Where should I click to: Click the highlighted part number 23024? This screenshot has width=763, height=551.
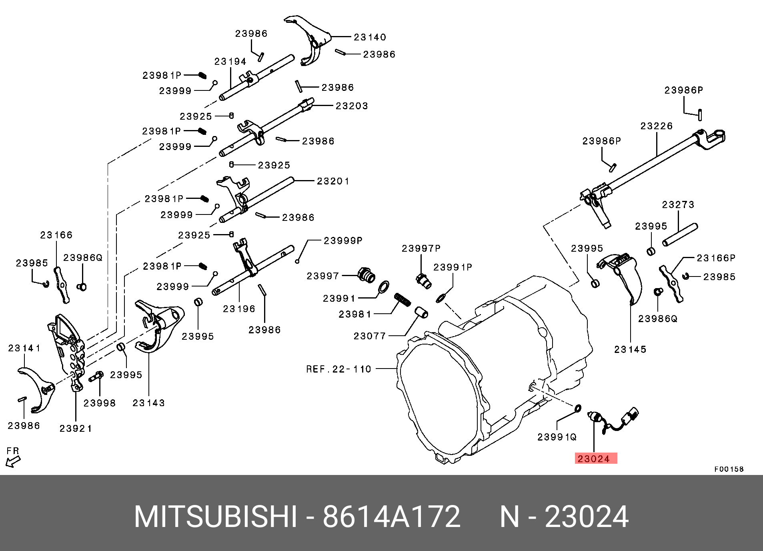click(595, 459)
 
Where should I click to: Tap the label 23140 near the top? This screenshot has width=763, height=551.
click(370, 37)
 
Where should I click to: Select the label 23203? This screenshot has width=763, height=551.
click(352, 106)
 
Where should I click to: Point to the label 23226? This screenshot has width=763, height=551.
click(657, 126)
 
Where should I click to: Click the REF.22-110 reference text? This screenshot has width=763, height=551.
click(338, 369)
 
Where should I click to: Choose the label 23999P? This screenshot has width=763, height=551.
click(343, 240)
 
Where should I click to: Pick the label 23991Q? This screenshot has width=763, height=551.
click(557, 437)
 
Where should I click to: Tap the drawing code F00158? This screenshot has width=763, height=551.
click(729, 469)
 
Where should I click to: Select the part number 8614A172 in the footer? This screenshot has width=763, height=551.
click(391, 517)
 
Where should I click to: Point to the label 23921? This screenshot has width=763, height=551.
click(76, 429)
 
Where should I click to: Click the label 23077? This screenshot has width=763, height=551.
click(370, 336)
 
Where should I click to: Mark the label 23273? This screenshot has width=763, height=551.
click(678, 205)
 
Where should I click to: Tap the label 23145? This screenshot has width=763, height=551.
click(630, 349)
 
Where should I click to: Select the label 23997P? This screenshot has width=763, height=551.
click(421, 248)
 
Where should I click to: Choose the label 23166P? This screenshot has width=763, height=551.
click(716, 258)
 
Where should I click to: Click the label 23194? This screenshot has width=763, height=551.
click(230, 62)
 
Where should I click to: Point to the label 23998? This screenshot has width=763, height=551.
click(100, 403)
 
